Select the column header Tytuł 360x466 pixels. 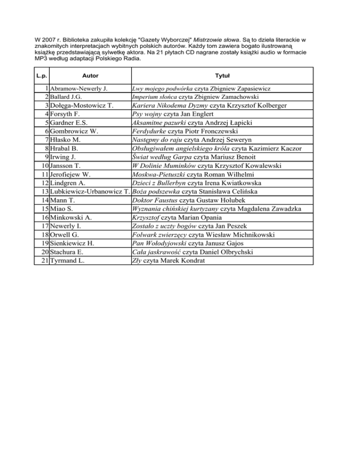(222, 75)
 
